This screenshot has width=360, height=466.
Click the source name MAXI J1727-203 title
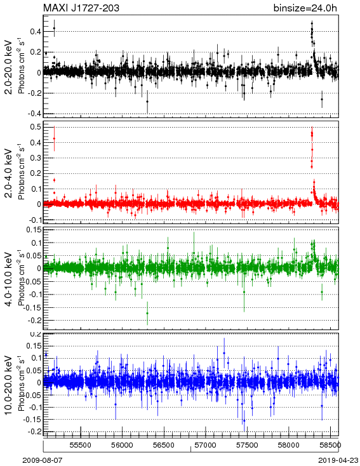click(x=81, y=8)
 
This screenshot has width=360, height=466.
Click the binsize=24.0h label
click(x=305, y=8)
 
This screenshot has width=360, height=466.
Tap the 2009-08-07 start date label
click(x=43, y=460)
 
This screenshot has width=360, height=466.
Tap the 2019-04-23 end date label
click(x=338, y=460)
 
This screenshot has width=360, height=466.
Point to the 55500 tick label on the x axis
click(x=80, y=445)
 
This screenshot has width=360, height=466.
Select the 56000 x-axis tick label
click(x=122, y=445)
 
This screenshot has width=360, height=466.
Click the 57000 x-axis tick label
click(x=206, y=445)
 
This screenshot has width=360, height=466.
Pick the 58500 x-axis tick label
click(x=330, y=445)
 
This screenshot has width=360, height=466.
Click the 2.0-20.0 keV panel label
click(x=9, y=67)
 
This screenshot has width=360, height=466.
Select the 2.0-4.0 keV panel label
click(x=9, y=173)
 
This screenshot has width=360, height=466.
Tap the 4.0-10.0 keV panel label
click(x=9, y=279)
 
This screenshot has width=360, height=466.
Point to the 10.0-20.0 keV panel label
click(x=9, y=385)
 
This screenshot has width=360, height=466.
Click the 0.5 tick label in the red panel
click(x=36, y=127)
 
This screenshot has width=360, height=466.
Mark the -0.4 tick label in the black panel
click(x=34, y=114)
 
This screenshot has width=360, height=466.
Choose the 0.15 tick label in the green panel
click(x=34, y=230)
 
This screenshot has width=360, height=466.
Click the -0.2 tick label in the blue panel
click(x=34, y=432)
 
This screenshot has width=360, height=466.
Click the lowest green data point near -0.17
click(x=147, y=313)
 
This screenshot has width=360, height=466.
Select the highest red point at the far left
click(x=54, y=138)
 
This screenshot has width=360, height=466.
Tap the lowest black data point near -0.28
click(x=147, y=102)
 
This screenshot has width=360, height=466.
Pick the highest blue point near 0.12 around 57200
click(x=224, y=353)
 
